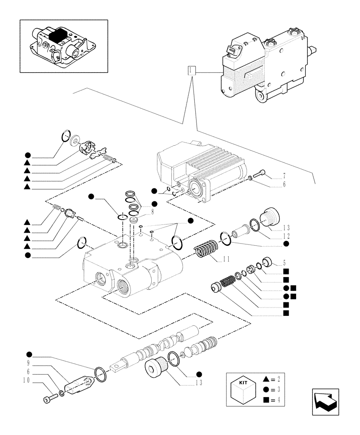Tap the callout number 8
coord(153,213)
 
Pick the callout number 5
coord(283,262)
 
